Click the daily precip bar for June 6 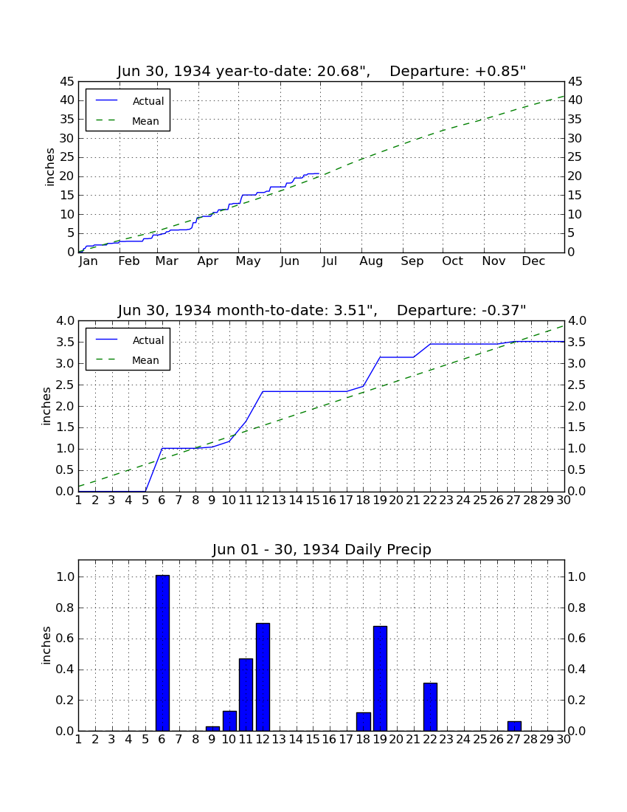[x=162, y=653]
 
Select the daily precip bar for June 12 [x=263, y=677]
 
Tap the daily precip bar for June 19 [x=380, y=678]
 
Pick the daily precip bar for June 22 [x=430, y=707]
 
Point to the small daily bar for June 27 [x=514, y=726]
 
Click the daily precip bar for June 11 [x=246, y=695]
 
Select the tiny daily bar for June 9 [x=212, y=729]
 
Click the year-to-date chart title [x=322, y=71]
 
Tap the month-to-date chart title [x=322, y=310]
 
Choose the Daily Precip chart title [x=322, y=549]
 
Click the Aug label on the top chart [x=371, y=261]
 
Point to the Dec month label [x=533, y=261]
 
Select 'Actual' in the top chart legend [x=148, y=102]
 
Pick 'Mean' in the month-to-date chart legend [x=145, y=360]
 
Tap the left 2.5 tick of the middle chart [x=65, y=385]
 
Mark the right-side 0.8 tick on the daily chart [x=576, y=608]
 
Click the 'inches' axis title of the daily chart [x=46, y=645]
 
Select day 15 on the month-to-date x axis [x=313, y=500]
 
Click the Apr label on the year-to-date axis [x=207, y=261]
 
